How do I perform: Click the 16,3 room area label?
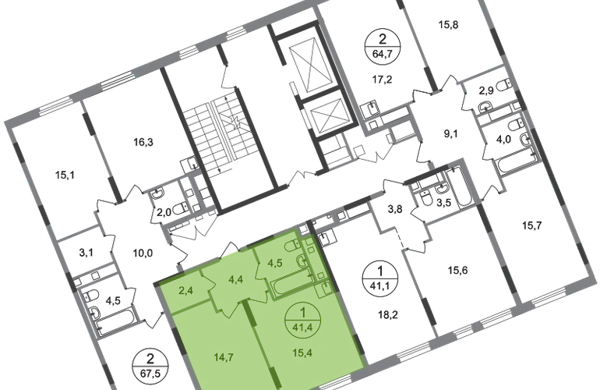coord(143,143)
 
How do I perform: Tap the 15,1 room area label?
coord(65,175)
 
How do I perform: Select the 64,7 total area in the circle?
coord(383,53)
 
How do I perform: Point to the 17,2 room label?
coord(383,80)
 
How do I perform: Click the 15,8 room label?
coord(449,25)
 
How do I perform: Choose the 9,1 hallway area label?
coord(450,134)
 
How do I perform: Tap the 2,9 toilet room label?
coord(486,91)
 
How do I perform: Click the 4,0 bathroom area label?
coord(503,139)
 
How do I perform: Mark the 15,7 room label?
coord(532,225)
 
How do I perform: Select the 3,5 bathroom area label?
coord(444,203)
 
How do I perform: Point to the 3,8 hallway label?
coord(395,209)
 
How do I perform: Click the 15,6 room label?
coord(457,271)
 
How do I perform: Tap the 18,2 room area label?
coord(388,315)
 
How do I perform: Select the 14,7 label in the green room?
coord(224,358)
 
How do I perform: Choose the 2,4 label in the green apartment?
coord(186,291)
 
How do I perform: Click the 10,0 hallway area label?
coord(143,253)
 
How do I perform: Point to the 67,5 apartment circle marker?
coord(150,367)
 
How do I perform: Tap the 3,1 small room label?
coord(86,253)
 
